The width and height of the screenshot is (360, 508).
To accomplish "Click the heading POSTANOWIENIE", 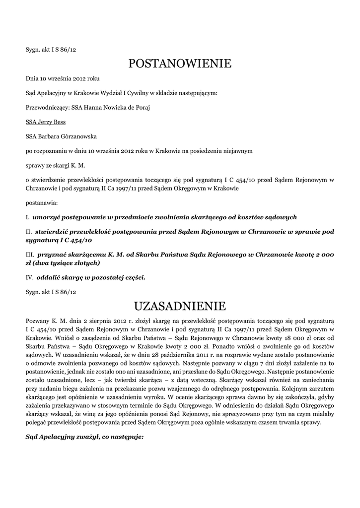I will tap(180, 63).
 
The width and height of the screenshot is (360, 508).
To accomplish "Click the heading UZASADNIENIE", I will tap(180, 304).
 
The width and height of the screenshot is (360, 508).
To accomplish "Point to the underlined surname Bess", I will tap(60, 122).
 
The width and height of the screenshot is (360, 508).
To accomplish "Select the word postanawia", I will tap(41, 202).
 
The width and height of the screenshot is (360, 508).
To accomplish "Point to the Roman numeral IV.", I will tap(29, 277).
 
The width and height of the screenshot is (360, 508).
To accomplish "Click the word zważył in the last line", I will tap(83, 437).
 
